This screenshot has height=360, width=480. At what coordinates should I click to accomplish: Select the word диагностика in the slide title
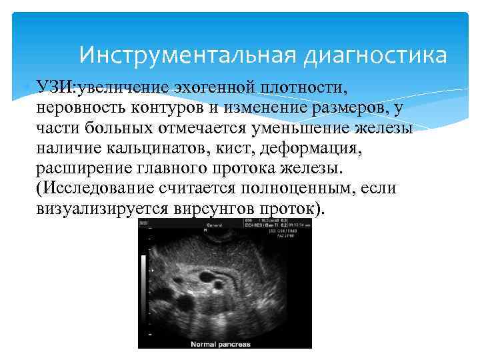coord(375,54)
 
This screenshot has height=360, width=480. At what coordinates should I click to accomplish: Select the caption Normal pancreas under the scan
coord(221,344)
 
